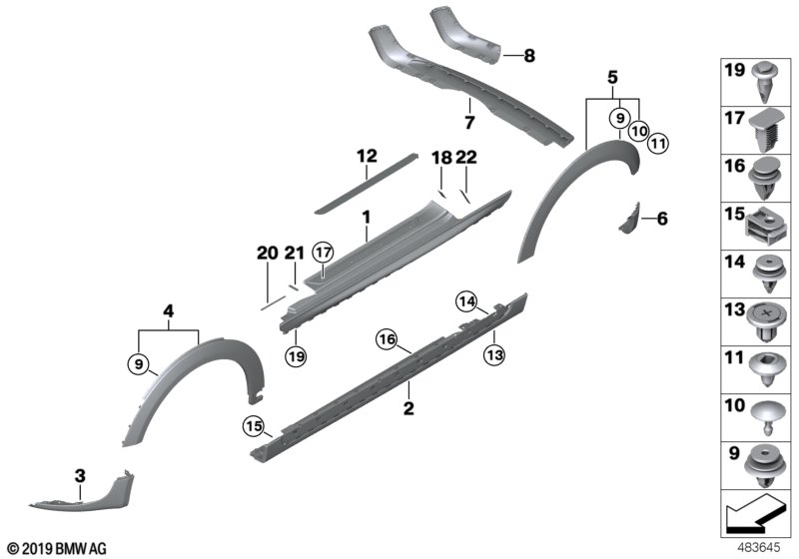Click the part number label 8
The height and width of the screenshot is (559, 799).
[529, 57]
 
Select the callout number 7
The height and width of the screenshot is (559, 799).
[468, 122]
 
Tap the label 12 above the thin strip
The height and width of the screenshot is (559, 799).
[367, 156]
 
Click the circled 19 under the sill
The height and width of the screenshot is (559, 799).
[297, 352]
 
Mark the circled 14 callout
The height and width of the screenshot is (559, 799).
[466, 300]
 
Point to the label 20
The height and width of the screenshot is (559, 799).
[267, 256]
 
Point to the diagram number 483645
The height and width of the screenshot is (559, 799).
[759, 547]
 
